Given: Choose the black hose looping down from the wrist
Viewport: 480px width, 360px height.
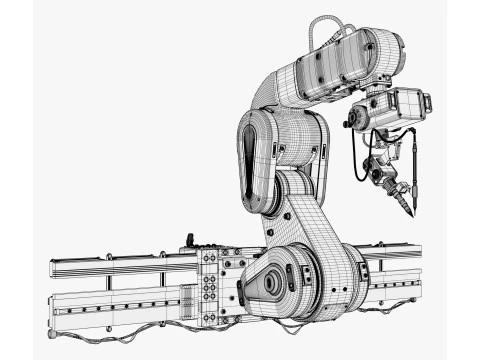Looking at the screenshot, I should [x=357, y=160].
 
